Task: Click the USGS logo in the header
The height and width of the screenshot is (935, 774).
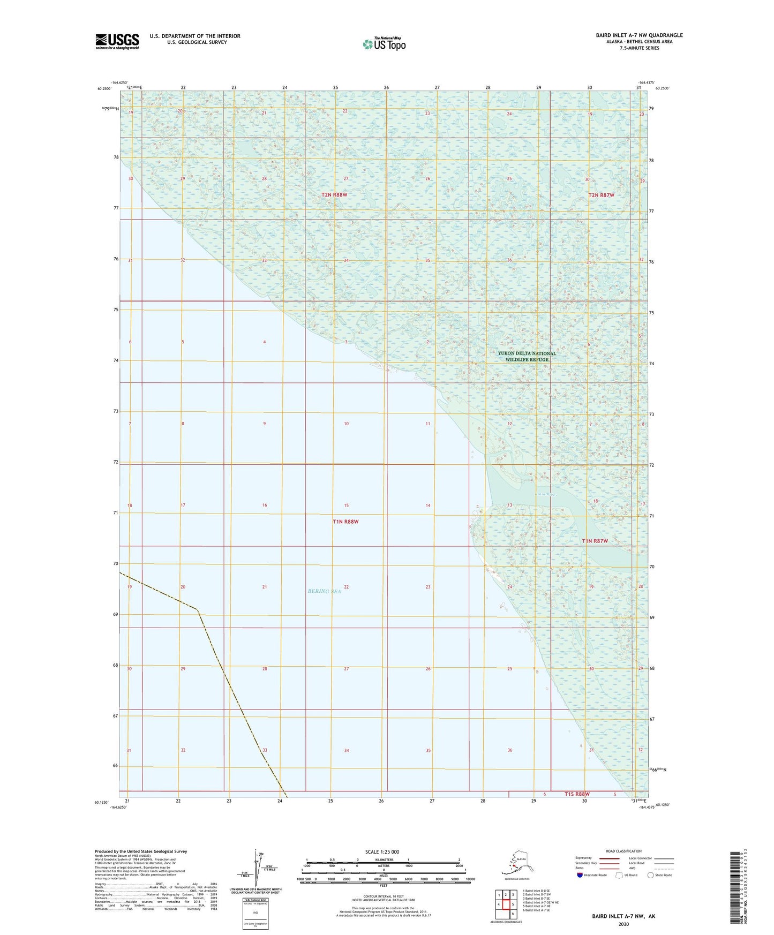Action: [117, 41]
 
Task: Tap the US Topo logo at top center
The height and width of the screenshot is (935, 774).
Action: [384, 44]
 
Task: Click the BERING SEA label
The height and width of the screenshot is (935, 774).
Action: [324, 591]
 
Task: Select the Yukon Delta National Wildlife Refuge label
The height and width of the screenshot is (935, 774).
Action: [527, 356]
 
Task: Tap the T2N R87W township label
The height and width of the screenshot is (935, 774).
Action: [601, 195]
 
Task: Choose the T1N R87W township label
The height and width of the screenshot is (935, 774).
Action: [595, 541]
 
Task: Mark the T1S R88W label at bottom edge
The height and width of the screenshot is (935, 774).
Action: [577, 794]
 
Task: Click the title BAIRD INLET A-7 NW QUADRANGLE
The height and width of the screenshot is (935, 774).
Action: [639, 35]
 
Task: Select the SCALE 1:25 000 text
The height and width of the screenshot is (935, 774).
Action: [382, 851]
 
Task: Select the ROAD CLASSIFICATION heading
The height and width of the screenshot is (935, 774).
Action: [623, 851]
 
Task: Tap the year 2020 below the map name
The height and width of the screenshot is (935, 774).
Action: [623, 924]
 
